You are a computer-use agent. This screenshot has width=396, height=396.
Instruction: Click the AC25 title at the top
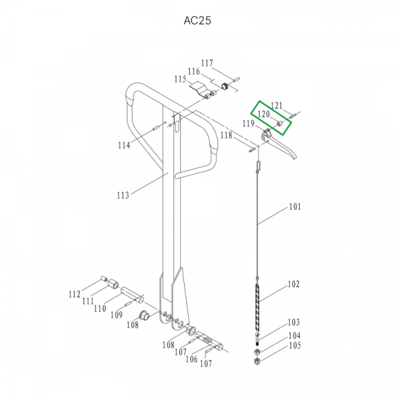[x=197, y=20]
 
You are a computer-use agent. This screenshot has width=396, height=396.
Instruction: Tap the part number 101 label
[x=295, y=207]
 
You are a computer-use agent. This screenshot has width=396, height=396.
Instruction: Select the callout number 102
[x=294, y=284]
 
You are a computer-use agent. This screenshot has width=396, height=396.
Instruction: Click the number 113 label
[x=123, y=195]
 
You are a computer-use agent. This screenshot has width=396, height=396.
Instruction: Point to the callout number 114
[x=124, y=145]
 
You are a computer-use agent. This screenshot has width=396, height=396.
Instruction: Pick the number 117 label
[x=207, y=63]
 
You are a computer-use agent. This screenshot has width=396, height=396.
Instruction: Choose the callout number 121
[x=277, y=106]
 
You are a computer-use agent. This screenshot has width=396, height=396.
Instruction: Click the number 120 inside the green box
[x=263, y=114]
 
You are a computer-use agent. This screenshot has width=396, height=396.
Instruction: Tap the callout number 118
[x=226, y=135]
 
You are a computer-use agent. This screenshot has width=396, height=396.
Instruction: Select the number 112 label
[x=75, y=294]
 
